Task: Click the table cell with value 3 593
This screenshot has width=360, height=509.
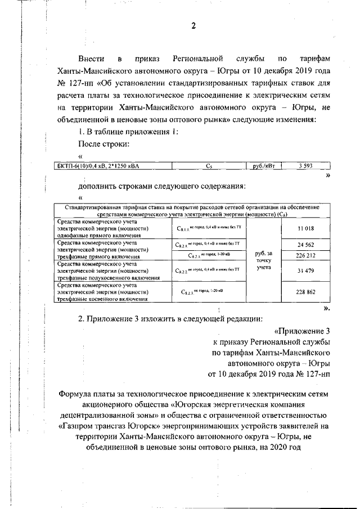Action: (x=305, y=165)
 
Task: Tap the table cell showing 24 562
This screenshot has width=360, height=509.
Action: (x=305, y=245)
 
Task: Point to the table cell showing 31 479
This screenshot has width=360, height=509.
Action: (x=305, y=271)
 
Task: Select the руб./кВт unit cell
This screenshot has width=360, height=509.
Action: (x=263, y=165)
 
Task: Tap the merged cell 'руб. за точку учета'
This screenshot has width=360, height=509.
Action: (x=264, y=260)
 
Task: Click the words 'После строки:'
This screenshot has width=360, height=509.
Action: (x=104, y=144)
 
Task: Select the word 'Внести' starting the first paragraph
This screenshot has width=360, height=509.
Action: (x=92, y=58)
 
